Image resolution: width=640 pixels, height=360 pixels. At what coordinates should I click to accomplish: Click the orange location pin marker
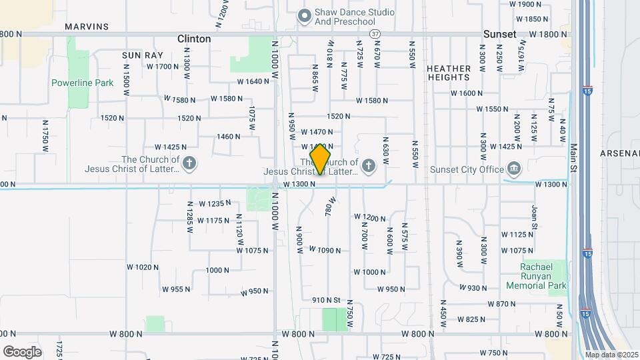point(321,159)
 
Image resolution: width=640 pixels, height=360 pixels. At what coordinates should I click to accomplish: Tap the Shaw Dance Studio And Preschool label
point(355,17)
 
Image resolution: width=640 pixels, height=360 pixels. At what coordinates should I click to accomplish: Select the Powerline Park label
point(83,83)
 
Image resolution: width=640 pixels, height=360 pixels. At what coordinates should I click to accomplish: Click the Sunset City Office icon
point(514,168)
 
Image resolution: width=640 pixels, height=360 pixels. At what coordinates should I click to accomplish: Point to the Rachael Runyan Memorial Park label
point(544,276)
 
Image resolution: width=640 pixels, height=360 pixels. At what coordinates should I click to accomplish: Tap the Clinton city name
point(194,39)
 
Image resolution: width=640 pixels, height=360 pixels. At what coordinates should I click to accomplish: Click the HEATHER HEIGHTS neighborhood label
point(453,73)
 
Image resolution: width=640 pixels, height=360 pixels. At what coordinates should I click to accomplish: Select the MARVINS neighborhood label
point(87,27)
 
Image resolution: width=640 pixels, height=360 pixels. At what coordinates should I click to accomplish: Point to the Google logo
point(22,351)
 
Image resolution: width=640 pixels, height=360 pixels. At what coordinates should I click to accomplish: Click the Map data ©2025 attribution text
point(612,355)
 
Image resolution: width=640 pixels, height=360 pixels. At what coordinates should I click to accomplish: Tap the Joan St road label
point(535,217)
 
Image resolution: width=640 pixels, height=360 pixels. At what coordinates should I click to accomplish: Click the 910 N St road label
point(327,301)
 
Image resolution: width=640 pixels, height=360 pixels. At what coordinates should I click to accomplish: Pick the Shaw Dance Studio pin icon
point(305,15)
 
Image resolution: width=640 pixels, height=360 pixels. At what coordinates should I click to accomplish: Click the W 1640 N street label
point(253,82)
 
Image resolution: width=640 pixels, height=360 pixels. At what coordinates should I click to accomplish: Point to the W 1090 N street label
point(325,251)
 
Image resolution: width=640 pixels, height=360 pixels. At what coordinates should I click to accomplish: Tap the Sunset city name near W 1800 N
point(500,34)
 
